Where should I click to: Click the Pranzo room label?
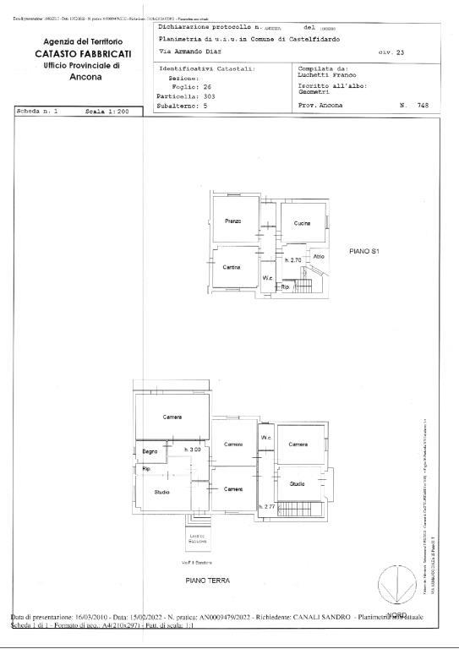[233, 221]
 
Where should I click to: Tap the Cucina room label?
[302, 223]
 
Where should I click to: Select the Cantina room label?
[232, 267]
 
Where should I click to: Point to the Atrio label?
[319, 256]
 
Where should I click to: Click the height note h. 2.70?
[293, 260]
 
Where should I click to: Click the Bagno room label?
[150, 450]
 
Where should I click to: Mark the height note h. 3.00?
[193, 450]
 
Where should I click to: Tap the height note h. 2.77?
[267, 506]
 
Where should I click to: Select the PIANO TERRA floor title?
[207, 581]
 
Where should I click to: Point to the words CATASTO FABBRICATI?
[83, 53]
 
